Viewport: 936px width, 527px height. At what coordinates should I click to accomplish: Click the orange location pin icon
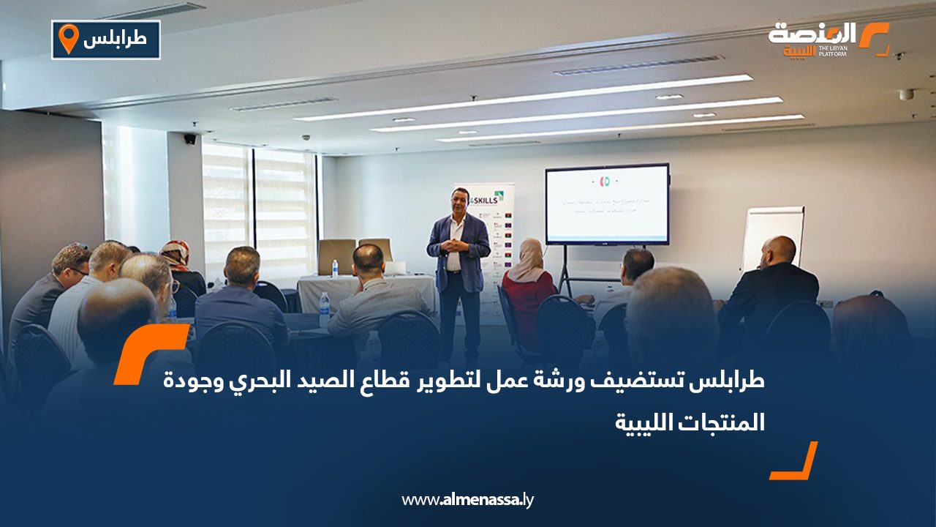coord(68,39)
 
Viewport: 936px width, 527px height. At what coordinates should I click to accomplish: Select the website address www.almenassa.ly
coord(468,500)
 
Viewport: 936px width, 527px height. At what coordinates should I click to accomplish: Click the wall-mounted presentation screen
coord(607,204)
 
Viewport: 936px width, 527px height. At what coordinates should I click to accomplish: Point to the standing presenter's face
coord(458,201)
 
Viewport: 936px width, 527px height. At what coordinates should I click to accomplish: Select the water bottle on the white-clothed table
coord(335,268)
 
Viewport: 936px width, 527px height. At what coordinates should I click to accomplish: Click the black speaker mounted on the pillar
coord(190,138)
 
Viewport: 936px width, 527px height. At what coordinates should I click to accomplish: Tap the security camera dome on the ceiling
coord(306,138)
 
